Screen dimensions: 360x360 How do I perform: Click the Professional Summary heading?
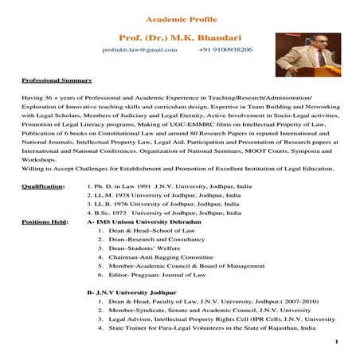click(57, 81)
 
